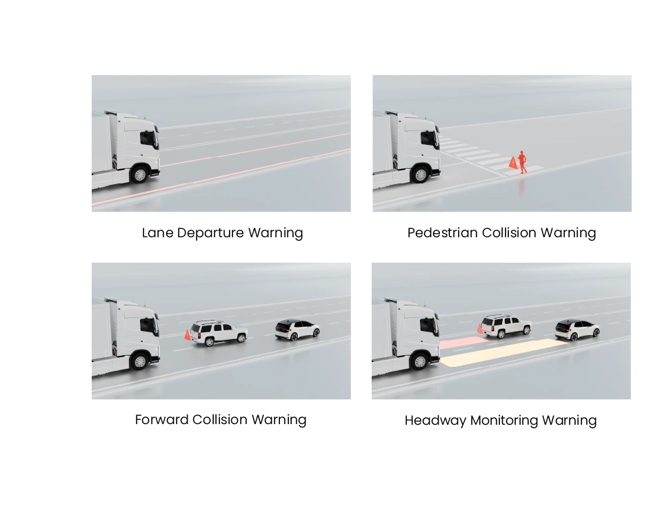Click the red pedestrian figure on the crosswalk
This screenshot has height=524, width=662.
pos(523,162)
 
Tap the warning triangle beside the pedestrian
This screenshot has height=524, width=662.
pos(513,163)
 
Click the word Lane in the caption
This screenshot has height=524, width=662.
pos(157,232)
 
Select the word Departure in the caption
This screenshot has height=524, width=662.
pos(210,234)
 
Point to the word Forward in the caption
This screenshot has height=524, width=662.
pos(161,420)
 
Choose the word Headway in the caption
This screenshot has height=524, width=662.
pos(435,421)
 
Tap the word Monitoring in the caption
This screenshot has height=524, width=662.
pos(504,421)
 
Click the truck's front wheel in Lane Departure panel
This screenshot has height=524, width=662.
pos(140,174)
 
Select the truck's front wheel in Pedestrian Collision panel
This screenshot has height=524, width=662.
pos(421,174)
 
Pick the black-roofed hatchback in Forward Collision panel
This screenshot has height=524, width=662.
pos(297,330)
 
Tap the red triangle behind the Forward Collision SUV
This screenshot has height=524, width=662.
pos(188,335)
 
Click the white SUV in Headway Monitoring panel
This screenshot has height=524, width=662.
pos(506,326)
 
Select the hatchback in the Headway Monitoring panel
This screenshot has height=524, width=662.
pos(577,330)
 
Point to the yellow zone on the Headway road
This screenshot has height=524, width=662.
pos(505,352)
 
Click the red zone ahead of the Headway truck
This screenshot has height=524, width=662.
pos(460,342)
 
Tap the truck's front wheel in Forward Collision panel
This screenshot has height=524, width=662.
pos(140,361)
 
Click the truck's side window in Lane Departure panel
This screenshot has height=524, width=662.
pos(147,138)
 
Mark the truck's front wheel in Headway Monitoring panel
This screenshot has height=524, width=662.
pos(420,361)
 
